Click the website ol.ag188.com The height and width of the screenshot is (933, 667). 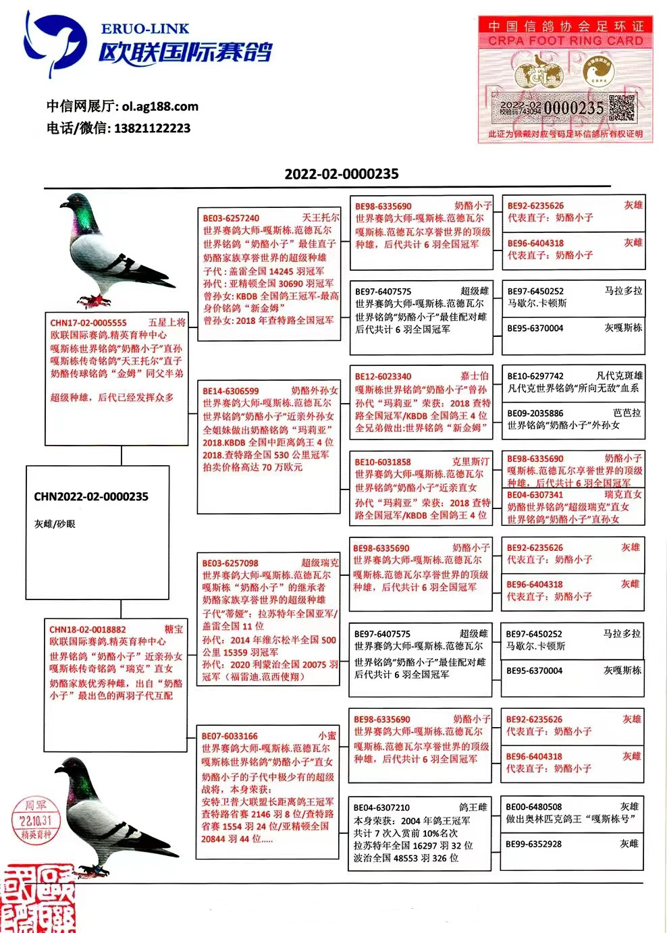click(x=161, y=107)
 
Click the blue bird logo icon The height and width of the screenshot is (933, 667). click(x=57, y=41)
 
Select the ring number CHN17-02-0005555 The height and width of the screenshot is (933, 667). click(x=88, y=323)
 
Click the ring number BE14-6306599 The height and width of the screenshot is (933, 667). click(x=230, y=391)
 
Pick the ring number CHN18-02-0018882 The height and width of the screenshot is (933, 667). click(x=88, y=629)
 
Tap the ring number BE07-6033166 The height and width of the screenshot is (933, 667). click(x=230, y=736)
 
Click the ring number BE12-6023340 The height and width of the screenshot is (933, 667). click(x=383, y=377)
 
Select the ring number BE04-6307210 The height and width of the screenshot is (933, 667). click(x=381, y=807)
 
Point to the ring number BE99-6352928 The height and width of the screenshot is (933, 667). click(x=534, y=844)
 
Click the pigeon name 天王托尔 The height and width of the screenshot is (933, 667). click(x=320, y=218)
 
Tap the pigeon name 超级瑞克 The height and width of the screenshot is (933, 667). click(x=319, y=563)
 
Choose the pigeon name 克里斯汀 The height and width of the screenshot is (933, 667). click(x=470, y=462)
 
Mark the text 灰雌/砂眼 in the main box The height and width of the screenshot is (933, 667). click(x=55, y=523)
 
